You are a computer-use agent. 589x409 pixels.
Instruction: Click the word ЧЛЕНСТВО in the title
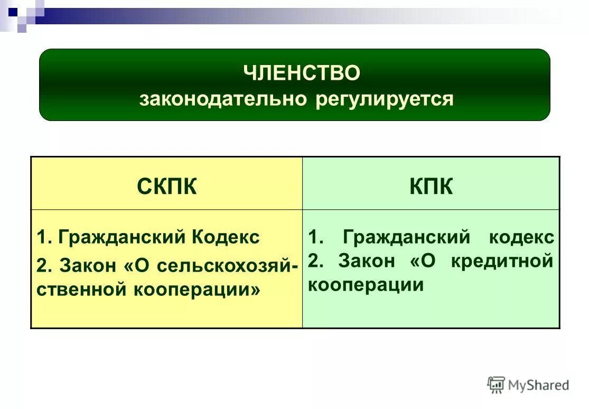coord(302,73)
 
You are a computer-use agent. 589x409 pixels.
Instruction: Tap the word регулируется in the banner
coord(385,99)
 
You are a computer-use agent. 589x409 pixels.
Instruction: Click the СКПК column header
coord(167,187)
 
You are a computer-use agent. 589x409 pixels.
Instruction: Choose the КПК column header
coord(431,187)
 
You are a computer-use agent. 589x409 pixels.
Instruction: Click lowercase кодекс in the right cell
coord(521,237)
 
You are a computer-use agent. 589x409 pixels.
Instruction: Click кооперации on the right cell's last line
coord(366,285)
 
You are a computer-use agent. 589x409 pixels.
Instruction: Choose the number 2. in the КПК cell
coord(316,261)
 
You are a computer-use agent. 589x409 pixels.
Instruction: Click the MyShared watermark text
coord(538,385)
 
